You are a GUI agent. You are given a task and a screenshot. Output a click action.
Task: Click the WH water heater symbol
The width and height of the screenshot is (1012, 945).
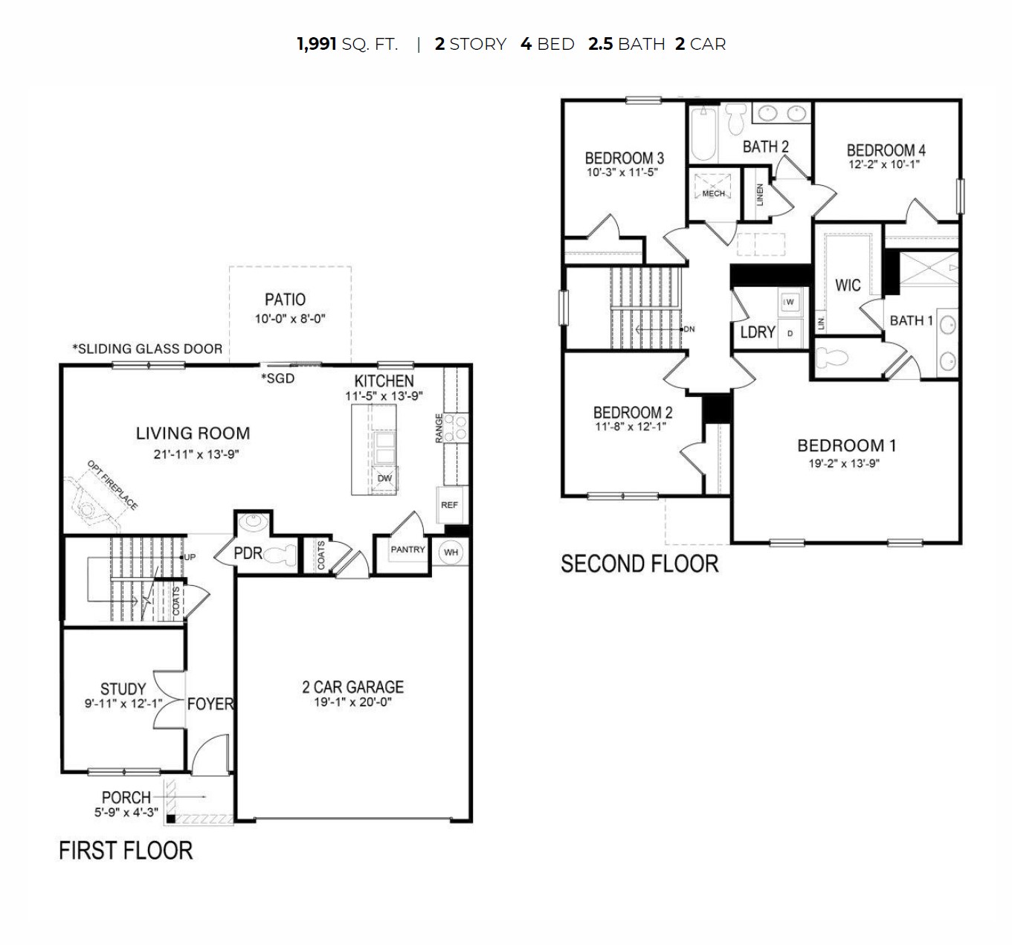tap(451, 552)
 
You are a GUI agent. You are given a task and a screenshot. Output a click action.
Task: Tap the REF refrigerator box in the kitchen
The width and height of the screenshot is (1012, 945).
tap(449, 505)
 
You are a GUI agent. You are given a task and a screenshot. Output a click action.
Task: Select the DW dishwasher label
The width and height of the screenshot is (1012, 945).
tap(384, 478)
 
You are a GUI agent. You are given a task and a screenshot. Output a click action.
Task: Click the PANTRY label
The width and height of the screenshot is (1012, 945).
tap(407, 549)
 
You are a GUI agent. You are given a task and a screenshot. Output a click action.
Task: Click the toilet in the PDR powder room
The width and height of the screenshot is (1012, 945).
tap(279, 555)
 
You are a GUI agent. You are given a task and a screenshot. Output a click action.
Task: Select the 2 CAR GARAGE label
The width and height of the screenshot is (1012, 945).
tap(352, 687)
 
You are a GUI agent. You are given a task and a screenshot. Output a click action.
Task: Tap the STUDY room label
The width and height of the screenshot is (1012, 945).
tap(123, 688)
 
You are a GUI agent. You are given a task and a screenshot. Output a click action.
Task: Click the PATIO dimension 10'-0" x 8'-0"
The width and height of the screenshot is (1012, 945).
tap(290, 319)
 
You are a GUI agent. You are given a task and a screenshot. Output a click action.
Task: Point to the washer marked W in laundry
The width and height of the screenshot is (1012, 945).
tap(790, 302)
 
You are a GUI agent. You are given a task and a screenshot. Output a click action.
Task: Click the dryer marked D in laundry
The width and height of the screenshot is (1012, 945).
tap(790, 333)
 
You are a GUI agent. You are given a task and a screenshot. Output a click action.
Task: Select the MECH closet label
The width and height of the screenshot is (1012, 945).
tap(713, 194)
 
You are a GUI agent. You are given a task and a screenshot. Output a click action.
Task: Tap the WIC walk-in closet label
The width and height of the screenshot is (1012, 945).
tap(848, 285)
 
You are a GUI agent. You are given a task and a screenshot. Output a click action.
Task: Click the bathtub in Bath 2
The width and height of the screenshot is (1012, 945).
tap(703, 134)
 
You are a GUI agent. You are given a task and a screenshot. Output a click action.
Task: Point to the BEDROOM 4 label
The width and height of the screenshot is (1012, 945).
tap(886, 150)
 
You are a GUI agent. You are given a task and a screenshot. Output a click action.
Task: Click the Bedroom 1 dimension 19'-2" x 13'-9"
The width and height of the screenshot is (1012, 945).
tap(843, 463)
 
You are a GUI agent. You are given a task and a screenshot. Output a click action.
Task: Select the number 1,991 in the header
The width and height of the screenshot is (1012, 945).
tap(316, 44)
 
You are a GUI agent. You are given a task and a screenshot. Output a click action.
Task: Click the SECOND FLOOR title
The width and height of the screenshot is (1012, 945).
tap(639, 564)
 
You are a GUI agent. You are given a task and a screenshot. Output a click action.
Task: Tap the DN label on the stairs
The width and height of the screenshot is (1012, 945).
tap(689, 329)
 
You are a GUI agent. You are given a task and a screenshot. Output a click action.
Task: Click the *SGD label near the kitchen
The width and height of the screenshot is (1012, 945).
tap(277, 378)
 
